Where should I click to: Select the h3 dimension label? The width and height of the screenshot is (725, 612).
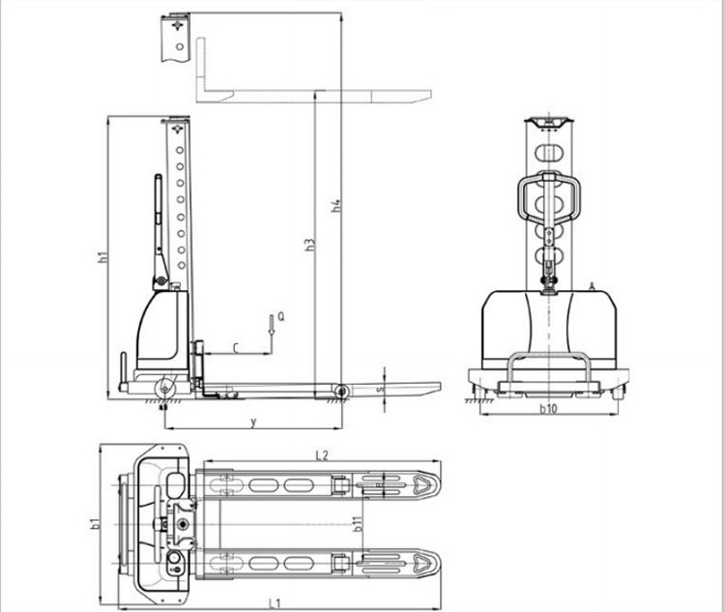pyautogui.click(x=309, y=245)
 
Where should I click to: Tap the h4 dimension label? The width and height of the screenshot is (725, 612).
pyautogui.click(x=335, y=205)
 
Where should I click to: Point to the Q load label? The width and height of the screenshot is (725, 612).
pyautogui.click(x=280, y=316)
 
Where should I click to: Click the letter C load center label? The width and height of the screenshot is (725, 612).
pyautogui.click(x=236, y=345)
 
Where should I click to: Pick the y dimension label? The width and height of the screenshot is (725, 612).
pyautogui.click(x=253, y=422)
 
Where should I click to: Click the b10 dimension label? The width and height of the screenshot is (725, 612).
pyautogui.click(x=548, y=409)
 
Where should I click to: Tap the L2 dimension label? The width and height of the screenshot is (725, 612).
pyautogui.click(x=322, y=454)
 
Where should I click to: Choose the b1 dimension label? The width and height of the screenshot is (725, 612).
pyautogui.click(x=96, y=525)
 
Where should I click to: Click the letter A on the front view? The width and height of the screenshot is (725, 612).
pyautogui.click(x=591, y=285)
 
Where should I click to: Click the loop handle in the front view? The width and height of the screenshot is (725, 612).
pyautogui.click(x=549, y=197)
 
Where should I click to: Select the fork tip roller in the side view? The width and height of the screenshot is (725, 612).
pyautogui.click(x=340, y=391)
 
